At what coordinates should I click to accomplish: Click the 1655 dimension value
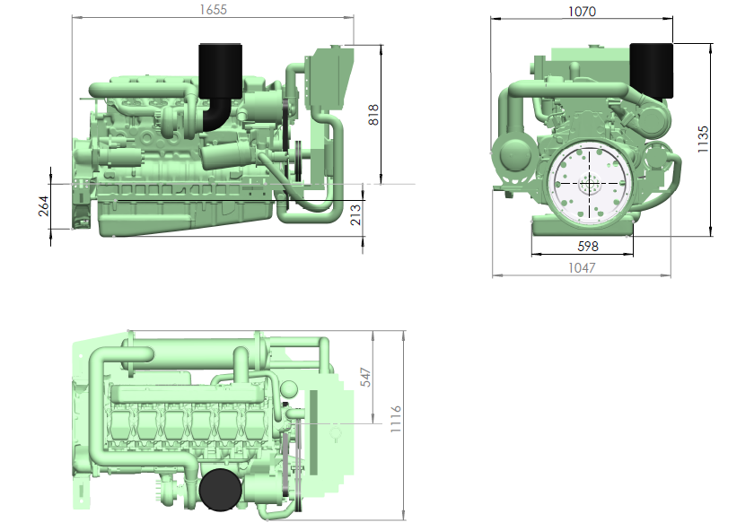coord(213,10)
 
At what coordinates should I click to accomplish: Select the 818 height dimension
coord(373,115)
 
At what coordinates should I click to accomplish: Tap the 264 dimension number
coord(44,205)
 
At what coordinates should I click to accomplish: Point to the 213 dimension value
coord(355,214)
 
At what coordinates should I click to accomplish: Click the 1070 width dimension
coord(582,11)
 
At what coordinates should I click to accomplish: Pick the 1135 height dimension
coord(703,139)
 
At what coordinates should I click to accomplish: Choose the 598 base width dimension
coord(588,246)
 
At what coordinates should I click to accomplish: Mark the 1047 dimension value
coord(582,267)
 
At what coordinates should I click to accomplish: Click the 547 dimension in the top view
coord(366,378)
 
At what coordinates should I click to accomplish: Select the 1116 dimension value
coord(396,419)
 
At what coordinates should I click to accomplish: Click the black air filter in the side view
coord(220,71)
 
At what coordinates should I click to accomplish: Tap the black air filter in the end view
coord(651,71)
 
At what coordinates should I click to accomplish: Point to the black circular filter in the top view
coord(220,490)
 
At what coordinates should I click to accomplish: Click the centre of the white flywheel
coord(588,183)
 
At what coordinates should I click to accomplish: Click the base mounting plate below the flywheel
coord(583,226)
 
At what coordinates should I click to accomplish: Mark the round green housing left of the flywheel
coord(515,155)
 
